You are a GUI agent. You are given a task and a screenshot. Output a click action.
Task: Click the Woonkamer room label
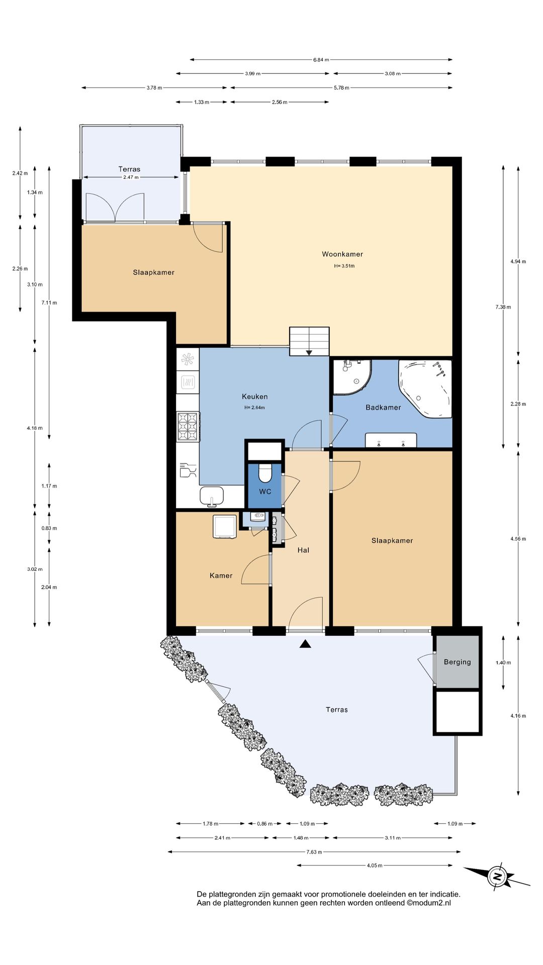(342, 254)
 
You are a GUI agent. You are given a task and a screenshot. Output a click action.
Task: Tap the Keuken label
(255, 397)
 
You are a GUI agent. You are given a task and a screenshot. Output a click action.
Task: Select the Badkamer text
(383, 408)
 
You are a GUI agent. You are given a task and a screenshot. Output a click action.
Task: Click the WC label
(265, 492)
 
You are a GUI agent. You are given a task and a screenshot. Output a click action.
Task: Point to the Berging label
(458, 662)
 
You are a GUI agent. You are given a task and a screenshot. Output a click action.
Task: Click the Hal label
(303, 550)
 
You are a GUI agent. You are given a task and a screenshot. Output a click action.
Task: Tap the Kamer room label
(221, 576)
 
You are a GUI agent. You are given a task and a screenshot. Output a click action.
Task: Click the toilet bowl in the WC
(265, 473)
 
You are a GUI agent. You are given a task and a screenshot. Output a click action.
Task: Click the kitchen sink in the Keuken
(212, 496)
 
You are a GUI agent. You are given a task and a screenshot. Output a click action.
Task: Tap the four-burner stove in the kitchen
(188, 427)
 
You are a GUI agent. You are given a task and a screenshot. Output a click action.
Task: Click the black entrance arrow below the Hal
(305, 644)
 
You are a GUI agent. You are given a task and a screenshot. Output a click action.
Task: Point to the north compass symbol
(497, 877)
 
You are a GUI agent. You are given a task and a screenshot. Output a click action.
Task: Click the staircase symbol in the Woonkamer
(309, 341)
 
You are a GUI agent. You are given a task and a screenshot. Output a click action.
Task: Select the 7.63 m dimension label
(314, 852)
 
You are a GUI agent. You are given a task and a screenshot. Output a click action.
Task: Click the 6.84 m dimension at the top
(321, 60)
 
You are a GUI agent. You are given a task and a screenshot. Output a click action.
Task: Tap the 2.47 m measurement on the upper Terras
(131, 177)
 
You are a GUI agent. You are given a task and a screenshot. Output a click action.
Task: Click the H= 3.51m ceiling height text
(344, 266)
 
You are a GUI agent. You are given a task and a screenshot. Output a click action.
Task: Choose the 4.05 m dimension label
(375, 865)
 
